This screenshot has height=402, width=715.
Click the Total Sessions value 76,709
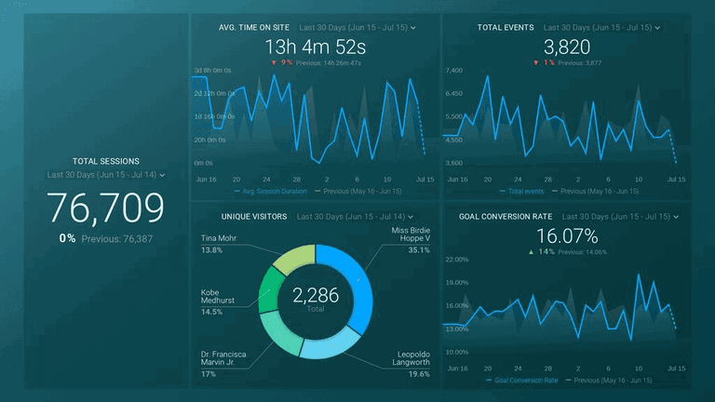click(x=105, y=208)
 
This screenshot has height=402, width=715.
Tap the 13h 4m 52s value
click(x=316, y=47)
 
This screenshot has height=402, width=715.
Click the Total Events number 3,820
click(x=567, y=47)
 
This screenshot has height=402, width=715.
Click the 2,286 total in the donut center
click(x=316, y=296)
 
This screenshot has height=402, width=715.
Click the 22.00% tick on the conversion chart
click(x=456, y=260)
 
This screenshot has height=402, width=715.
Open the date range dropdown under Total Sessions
click(x=162, y=175)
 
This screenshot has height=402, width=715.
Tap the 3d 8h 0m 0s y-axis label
click(x=213, y=71)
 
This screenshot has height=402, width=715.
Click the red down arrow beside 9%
click(x=273, y=62)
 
